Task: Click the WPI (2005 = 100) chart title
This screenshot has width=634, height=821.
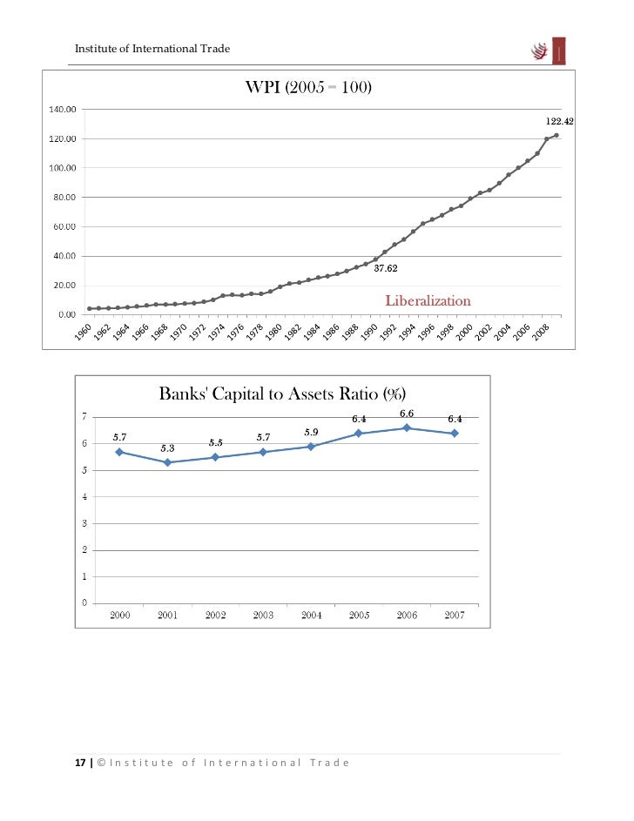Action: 311,88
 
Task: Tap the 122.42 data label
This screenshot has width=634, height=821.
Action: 559,123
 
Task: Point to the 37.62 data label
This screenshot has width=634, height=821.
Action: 387,269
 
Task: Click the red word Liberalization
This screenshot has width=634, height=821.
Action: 428,300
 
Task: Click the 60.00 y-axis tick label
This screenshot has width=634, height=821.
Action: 61,227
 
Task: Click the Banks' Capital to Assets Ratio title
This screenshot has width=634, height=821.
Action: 283,394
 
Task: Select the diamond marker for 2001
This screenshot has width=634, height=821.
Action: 167,462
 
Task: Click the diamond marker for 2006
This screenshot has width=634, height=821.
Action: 407,427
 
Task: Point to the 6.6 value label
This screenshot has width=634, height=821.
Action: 407,413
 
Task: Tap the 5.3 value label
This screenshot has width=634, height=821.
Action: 167,448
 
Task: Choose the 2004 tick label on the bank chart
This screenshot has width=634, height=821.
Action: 311,615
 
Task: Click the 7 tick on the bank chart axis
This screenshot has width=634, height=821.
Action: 84,416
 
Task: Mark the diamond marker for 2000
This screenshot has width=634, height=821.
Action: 119,452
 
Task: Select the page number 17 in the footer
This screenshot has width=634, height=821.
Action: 80,763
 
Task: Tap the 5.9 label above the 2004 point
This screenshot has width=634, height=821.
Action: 311,432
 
